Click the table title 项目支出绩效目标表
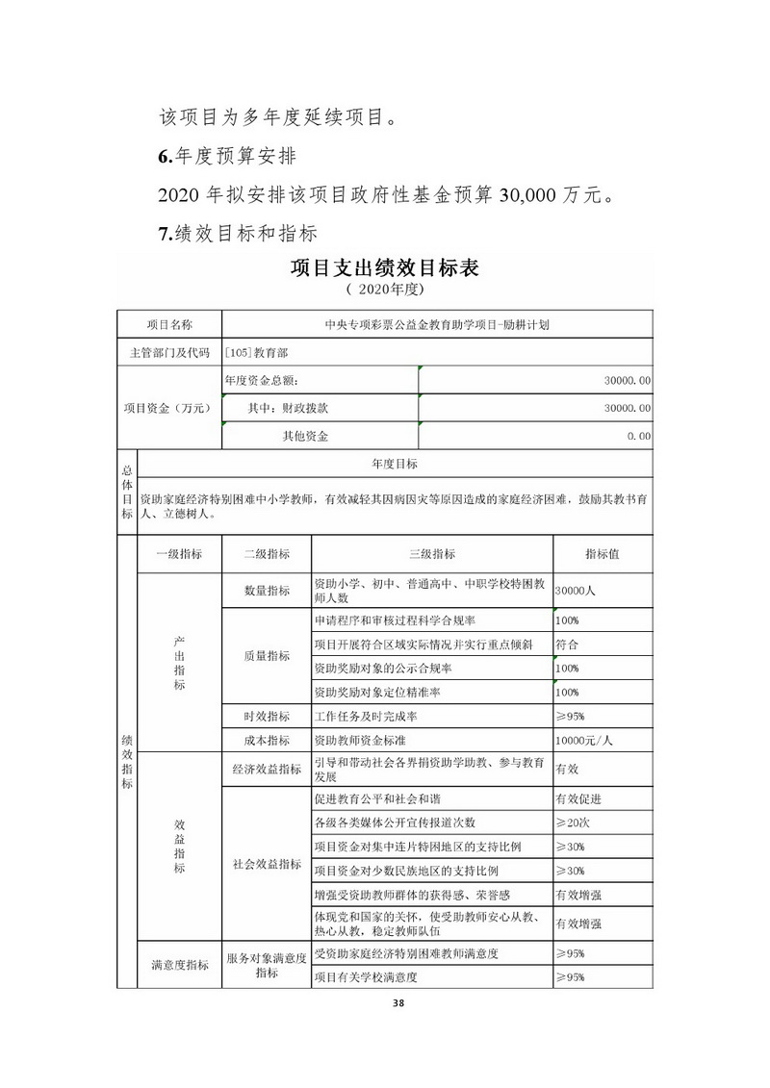[384, 266]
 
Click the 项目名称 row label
[169, 325]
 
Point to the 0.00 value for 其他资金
[637, 436]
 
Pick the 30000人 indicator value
[577, 591]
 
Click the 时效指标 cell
[267, 717]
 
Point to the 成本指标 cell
[267, 741]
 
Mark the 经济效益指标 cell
[267, 770]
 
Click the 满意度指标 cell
[180, 965]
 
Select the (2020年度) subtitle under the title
[384, 289]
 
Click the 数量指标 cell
[267, 591]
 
